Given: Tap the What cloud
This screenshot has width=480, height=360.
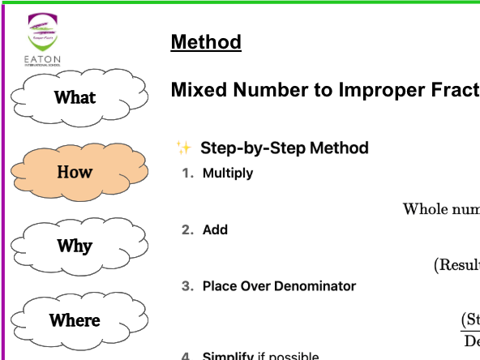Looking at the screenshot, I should tap(75, 97).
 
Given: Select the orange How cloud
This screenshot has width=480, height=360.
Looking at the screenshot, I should tap(75, 172).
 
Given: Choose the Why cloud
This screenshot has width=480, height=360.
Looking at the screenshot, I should tap(75, 246).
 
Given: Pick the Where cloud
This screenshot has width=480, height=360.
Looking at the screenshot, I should tap(75, 320).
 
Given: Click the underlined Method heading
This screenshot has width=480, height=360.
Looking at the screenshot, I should tap(206, 42).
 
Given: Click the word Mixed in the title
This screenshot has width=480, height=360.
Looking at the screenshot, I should tap(197, 90).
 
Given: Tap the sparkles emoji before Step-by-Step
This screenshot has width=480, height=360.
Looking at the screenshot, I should tap(183, 148).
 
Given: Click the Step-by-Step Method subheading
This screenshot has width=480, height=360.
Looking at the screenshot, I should tap(285, 148).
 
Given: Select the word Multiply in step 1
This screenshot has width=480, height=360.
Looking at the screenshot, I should tap(228, 173).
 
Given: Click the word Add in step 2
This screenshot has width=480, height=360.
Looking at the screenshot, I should tap(215, 229).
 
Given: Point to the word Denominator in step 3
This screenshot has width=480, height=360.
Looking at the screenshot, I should tap(317, 285).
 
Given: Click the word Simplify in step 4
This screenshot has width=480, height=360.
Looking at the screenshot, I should tap(228, 356).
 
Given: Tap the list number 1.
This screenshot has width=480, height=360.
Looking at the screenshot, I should tap(186, 173).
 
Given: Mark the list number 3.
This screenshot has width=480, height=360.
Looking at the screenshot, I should tap(186, 285).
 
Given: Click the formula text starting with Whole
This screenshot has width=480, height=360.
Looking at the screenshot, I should tap(440, 209).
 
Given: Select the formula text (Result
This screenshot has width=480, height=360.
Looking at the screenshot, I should tap(456, 264).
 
